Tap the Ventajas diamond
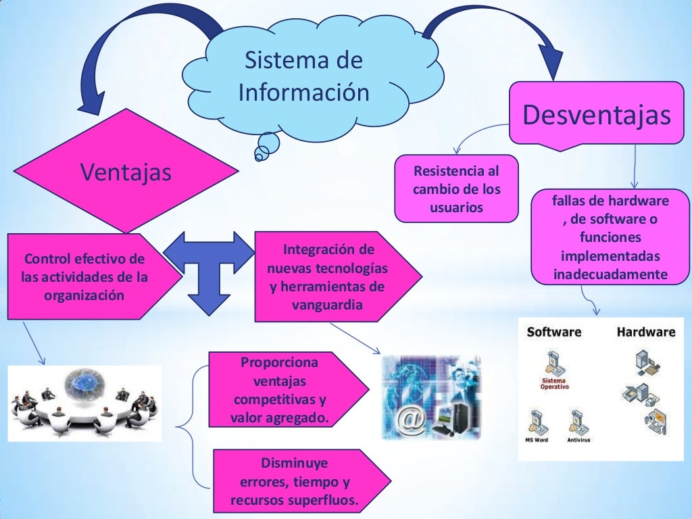126,172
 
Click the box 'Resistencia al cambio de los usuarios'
456,189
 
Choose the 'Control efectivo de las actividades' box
86,277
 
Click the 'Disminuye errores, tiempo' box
295,483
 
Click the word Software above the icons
553,332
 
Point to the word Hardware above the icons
645,332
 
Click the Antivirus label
578,440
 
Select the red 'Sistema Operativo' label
554,385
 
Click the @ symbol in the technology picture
412,422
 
